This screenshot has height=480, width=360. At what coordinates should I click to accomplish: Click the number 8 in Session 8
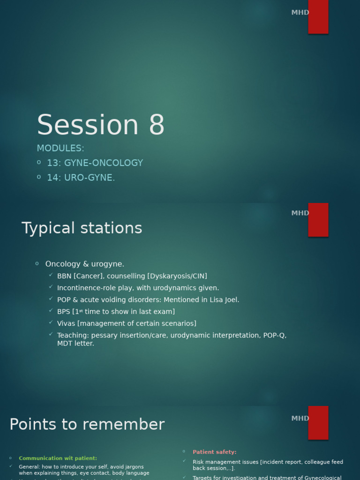pyautogui.click(x=157, y=125)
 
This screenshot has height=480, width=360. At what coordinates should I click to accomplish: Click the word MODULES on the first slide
pyautogui.click(x=60, y=149)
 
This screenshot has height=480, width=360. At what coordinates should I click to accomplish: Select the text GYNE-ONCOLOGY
pyautogui.click(x=103, y=163)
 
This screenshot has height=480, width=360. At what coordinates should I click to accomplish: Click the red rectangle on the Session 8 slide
pyautogui.click(x=318, y=16)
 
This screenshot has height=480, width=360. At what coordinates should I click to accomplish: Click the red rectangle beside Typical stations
pyautogui.click(x=318, y=219)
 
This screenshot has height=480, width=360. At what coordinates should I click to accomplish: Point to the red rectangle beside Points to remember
pyautogui.click(x=318, y=422)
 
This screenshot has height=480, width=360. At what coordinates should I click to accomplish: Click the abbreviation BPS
pyautogui.click(x=63, y=312)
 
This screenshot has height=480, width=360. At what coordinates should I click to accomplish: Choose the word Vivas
pyautogui.click(x=66, y=323)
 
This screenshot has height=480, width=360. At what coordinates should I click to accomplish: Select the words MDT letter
pyautogui.click(x=75, y=344)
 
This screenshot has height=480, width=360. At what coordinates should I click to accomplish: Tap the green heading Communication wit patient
pyautogui.click(x=58, y=458)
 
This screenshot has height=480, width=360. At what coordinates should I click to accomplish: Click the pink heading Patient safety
pyautogui.click(x=214, y=452)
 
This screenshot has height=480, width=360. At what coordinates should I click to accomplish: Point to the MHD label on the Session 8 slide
pyautogui.click(x=300, y=13)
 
